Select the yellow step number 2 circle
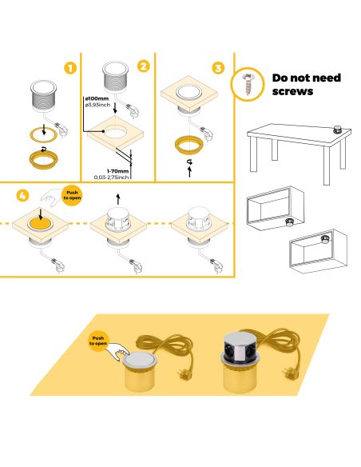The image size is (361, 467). pyautogui.click(x=143, y=66)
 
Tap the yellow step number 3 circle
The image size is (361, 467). pyautogui.click(x=219, y=68)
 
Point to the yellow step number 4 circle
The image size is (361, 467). pyautogui.click(x=22, y=195)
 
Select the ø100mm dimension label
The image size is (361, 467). pyautogui.click(x=97, y=98)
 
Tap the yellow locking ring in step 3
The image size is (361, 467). pyautogui.click(x=190, y=145)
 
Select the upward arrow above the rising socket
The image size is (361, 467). pyautogui.click(x=119, y=196)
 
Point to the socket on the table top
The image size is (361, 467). pyautogui.click(x=337, y=127)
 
